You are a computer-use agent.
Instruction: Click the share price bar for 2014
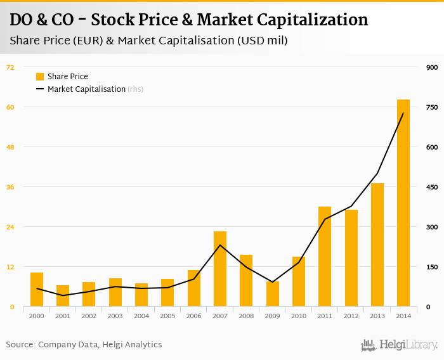click(x=403, y=203)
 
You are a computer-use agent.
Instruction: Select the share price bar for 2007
click(x=220, y=269)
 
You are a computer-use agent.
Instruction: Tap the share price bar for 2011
click(x=325, y=257)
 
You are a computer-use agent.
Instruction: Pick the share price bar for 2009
click(x=273, y=294)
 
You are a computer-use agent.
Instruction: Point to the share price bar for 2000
click(x=37, y=290)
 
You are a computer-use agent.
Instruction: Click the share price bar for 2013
click(x=377, y=245)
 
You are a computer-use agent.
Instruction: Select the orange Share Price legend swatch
click(x=40, y=77)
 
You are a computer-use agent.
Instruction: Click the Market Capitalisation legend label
click(x=86, y=89)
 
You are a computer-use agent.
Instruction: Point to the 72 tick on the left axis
click(x=10, y=67)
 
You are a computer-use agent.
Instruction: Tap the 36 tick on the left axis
click(x=10, y=187)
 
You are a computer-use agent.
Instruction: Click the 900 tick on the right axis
click(x=432, y=67)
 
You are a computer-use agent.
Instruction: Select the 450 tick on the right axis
click(x=432, y=187)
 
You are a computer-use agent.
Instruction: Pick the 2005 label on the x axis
click(x=167, y=316)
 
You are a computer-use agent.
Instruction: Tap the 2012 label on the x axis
click(x=351, y=316)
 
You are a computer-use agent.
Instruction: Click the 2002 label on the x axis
click(x=89, y=316)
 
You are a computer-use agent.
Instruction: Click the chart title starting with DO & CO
click(x=188, y=20)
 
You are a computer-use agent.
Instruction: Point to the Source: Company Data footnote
click(x=84, y=345)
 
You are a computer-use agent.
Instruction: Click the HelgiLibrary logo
click(x=400, y=345)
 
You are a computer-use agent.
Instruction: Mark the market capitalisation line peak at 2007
click(x=220, y=245)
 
